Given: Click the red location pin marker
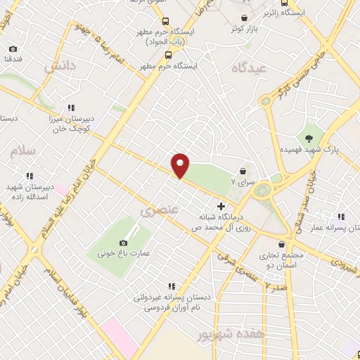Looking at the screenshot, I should (x=181, y=165).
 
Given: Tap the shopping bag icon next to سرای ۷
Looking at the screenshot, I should (x=243, y=171).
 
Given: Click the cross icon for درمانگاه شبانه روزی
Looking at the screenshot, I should (x=221, y=207).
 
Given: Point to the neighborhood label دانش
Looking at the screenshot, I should (x=60, y=67).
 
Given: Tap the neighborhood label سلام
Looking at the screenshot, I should (x=22, y=150).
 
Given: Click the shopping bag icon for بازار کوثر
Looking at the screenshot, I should (x=243, y=18).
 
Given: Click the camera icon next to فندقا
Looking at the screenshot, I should (x=13, y=49).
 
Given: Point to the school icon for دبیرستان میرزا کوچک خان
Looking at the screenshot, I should (x=71, y=108).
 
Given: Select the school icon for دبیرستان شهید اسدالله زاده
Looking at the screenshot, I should (x=29, y=176).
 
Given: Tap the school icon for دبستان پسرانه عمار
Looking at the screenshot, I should (x=340, y=217).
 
